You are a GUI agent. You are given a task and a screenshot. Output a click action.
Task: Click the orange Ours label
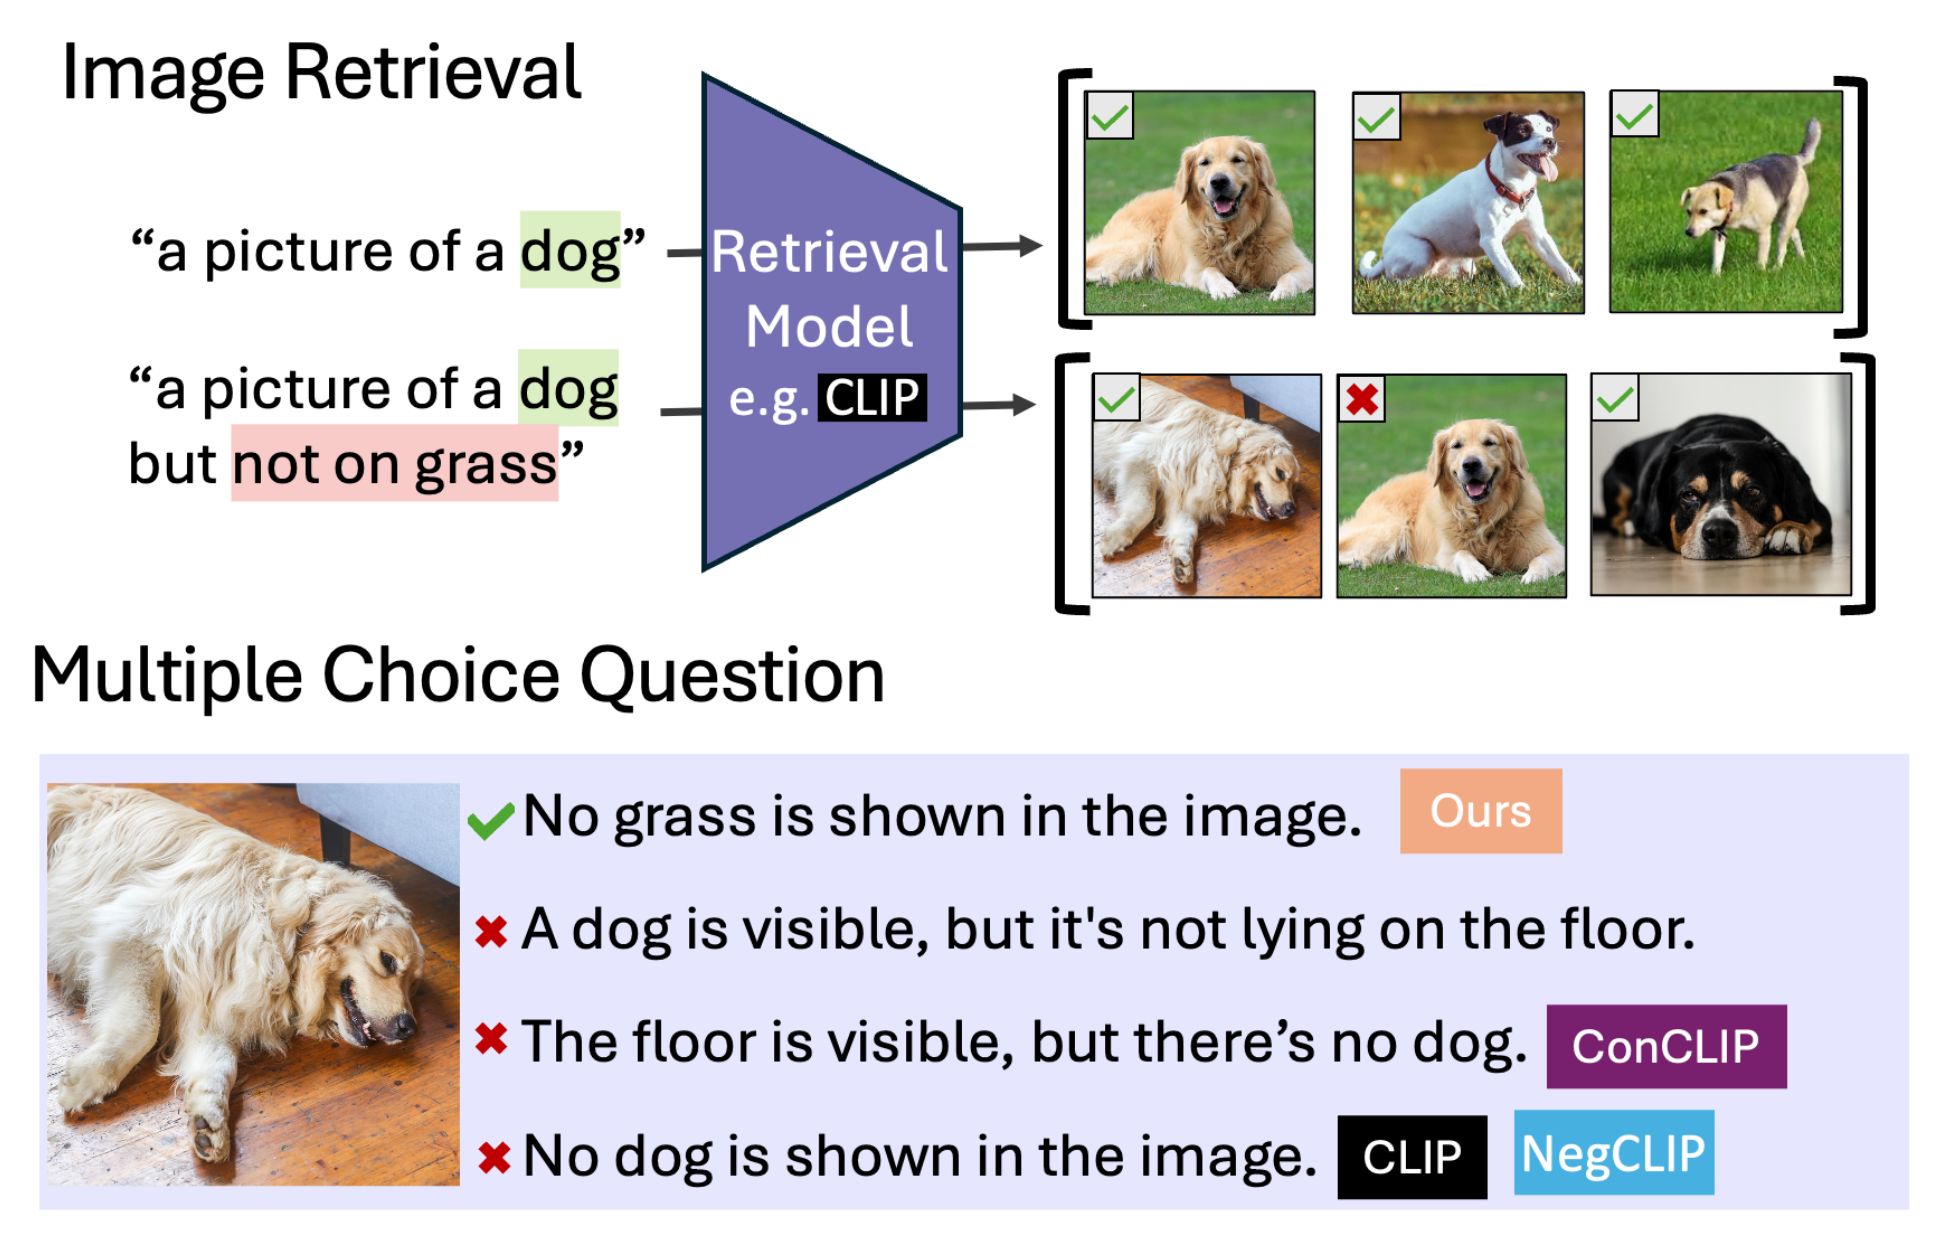coord(1480,810)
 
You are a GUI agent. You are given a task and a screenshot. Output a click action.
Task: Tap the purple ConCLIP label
coord(1666,1046)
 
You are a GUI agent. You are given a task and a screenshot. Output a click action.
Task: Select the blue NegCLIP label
coord(1613,1153)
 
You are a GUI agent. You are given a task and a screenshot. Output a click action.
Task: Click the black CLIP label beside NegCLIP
coord(1412,1157)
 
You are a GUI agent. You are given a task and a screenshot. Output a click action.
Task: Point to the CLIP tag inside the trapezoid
coord(872,397)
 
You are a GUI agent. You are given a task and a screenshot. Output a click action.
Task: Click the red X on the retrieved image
coord(1362,399)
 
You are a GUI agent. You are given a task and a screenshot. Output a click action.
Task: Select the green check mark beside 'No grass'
coord(491,820)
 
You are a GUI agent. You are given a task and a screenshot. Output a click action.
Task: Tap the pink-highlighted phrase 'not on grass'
coord(395,463)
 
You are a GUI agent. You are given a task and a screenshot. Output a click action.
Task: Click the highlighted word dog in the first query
coord(570,250)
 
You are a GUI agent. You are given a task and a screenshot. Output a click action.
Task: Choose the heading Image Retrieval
coord(321,73)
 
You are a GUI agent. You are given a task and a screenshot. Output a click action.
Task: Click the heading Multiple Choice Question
coord(458,675)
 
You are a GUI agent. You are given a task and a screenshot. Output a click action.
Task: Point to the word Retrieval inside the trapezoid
coord(829,251)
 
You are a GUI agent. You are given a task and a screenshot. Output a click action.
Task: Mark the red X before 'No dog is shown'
coord(494,1158)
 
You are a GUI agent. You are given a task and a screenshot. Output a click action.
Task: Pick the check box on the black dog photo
coord(1614,398)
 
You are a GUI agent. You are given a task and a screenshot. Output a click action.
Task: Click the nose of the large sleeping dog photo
coord(404,1024)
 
